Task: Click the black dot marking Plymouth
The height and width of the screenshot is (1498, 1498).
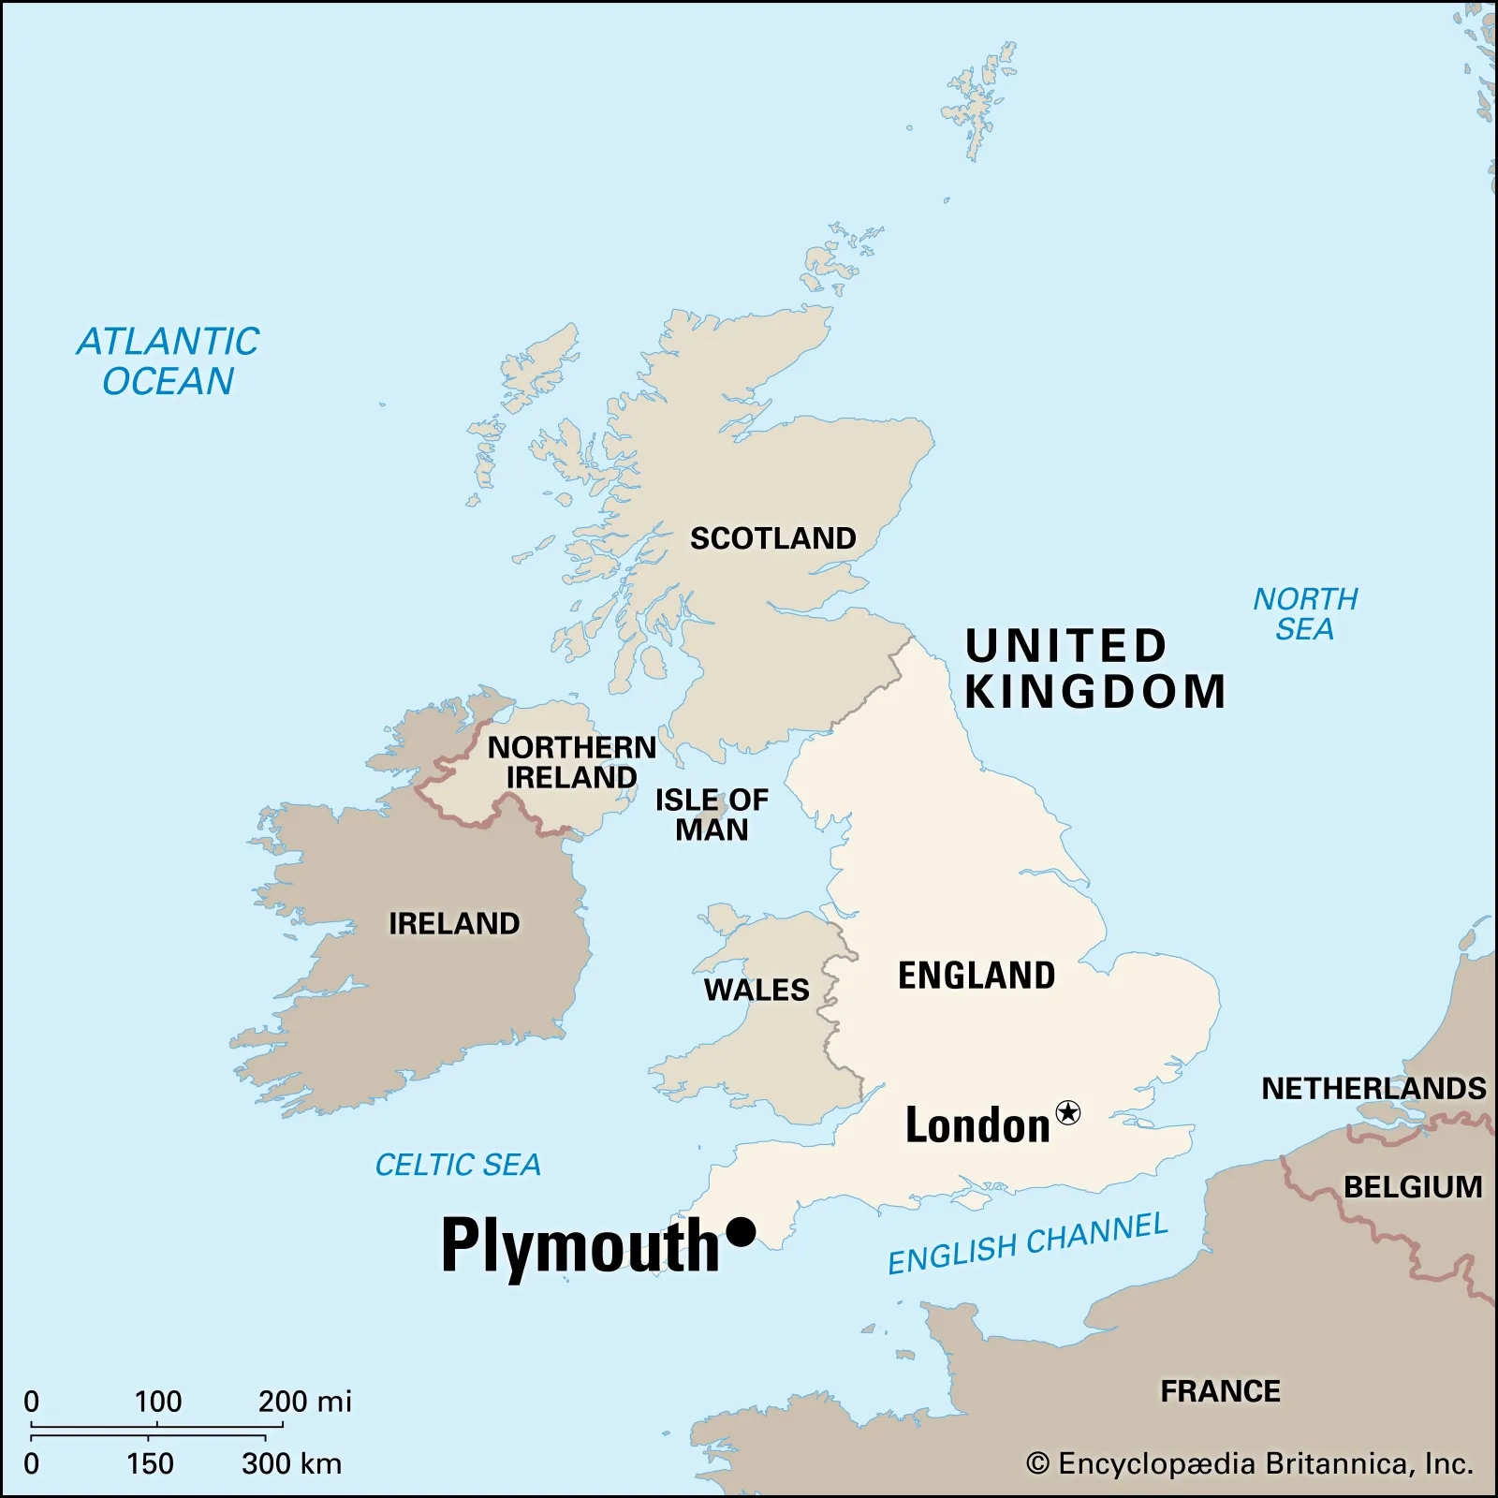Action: (x=741, y=1231)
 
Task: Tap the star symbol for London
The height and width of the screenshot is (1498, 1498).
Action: (x=1067, y=1112)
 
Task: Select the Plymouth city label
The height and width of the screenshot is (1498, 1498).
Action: (x=580, y=1245)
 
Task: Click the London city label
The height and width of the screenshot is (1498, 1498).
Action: (x=977, y=1125)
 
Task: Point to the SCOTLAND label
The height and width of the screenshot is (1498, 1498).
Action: (x=772, y=538)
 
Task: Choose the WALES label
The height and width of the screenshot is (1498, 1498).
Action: (x=756, y=990)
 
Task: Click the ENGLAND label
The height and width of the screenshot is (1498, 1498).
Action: (x=977, y=976)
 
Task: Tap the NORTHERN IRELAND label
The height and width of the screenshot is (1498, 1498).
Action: (x=572, y=762)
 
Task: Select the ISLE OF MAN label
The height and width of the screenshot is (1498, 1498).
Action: (x=712, y=815)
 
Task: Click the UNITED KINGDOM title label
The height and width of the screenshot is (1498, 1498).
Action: (x=1094, y=669)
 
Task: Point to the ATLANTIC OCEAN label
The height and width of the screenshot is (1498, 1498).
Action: (x=169, y=361)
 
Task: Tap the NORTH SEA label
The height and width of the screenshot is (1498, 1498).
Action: (x=1305, y=614)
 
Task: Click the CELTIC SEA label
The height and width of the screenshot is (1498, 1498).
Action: (x=458, y=1165)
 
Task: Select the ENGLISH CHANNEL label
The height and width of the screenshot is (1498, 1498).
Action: (x=1028, y=1243)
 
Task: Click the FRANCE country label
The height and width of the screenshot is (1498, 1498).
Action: (x=1220, y=1391)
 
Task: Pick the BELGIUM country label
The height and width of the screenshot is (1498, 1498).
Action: (x=1413, y=1187)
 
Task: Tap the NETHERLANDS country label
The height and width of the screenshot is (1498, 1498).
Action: (x=1373, y=1088)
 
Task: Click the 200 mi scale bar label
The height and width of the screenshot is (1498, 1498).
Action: (x=304, y=1402)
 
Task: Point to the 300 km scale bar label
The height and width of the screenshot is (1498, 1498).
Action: (x=291, y=1463)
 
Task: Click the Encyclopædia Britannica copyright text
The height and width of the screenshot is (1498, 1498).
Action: (x=1250, y=1463)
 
